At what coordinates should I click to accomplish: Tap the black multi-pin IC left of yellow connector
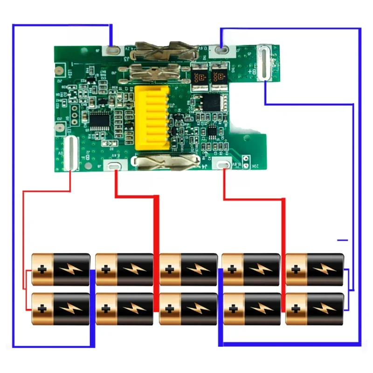(99, 120)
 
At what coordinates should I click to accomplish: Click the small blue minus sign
(343, 240)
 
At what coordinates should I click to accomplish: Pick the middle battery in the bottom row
(188, 309)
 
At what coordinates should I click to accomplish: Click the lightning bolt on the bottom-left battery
(71, 309)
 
